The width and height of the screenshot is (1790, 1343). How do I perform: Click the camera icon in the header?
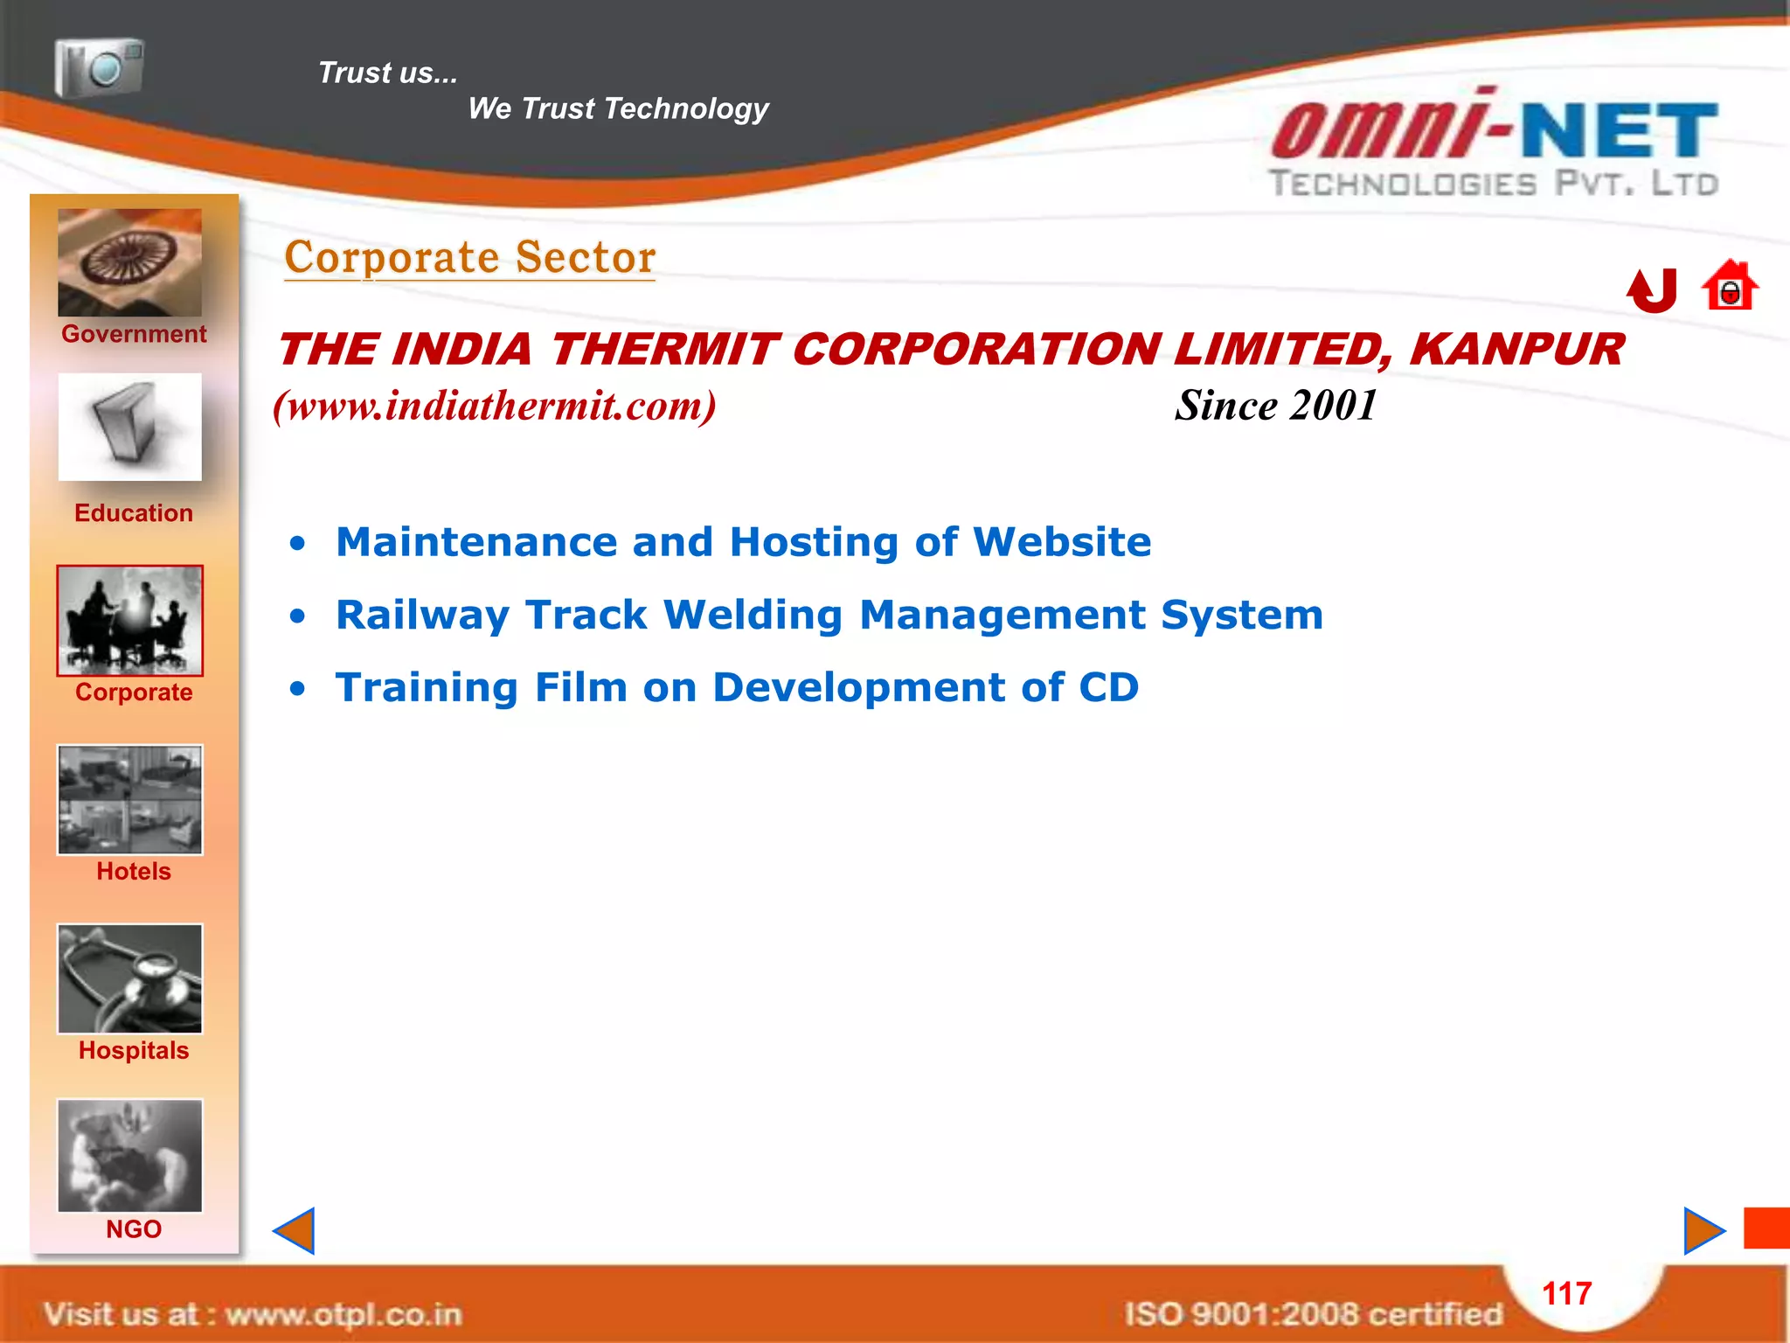99,67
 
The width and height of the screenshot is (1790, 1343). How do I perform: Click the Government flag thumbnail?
129,262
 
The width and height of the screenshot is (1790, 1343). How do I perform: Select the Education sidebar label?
134,513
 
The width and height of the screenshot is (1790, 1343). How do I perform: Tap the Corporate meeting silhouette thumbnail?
129,621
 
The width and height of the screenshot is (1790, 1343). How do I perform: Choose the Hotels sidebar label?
134,872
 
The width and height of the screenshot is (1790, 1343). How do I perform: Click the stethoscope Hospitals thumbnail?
129,978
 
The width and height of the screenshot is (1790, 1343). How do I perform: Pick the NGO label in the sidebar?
134,1229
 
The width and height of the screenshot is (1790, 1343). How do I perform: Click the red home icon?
1730,286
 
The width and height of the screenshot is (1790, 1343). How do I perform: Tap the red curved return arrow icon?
1653,290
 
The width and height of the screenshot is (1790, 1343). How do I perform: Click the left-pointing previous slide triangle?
295,1231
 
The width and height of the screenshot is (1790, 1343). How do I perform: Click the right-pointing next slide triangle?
1703,1231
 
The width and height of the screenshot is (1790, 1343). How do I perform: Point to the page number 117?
1567,1293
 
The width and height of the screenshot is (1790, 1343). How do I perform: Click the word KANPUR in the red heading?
1516,350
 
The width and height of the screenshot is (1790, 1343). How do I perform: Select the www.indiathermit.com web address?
495,406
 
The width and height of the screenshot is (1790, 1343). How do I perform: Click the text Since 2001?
1275,406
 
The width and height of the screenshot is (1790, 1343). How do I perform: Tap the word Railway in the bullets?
422,616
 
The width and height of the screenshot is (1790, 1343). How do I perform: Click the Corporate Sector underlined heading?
470,258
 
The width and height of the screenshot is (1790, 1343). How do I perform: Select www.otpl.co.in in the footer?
343,1314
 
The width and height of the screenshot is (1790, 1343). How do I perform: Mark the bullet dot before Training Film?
298,689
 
